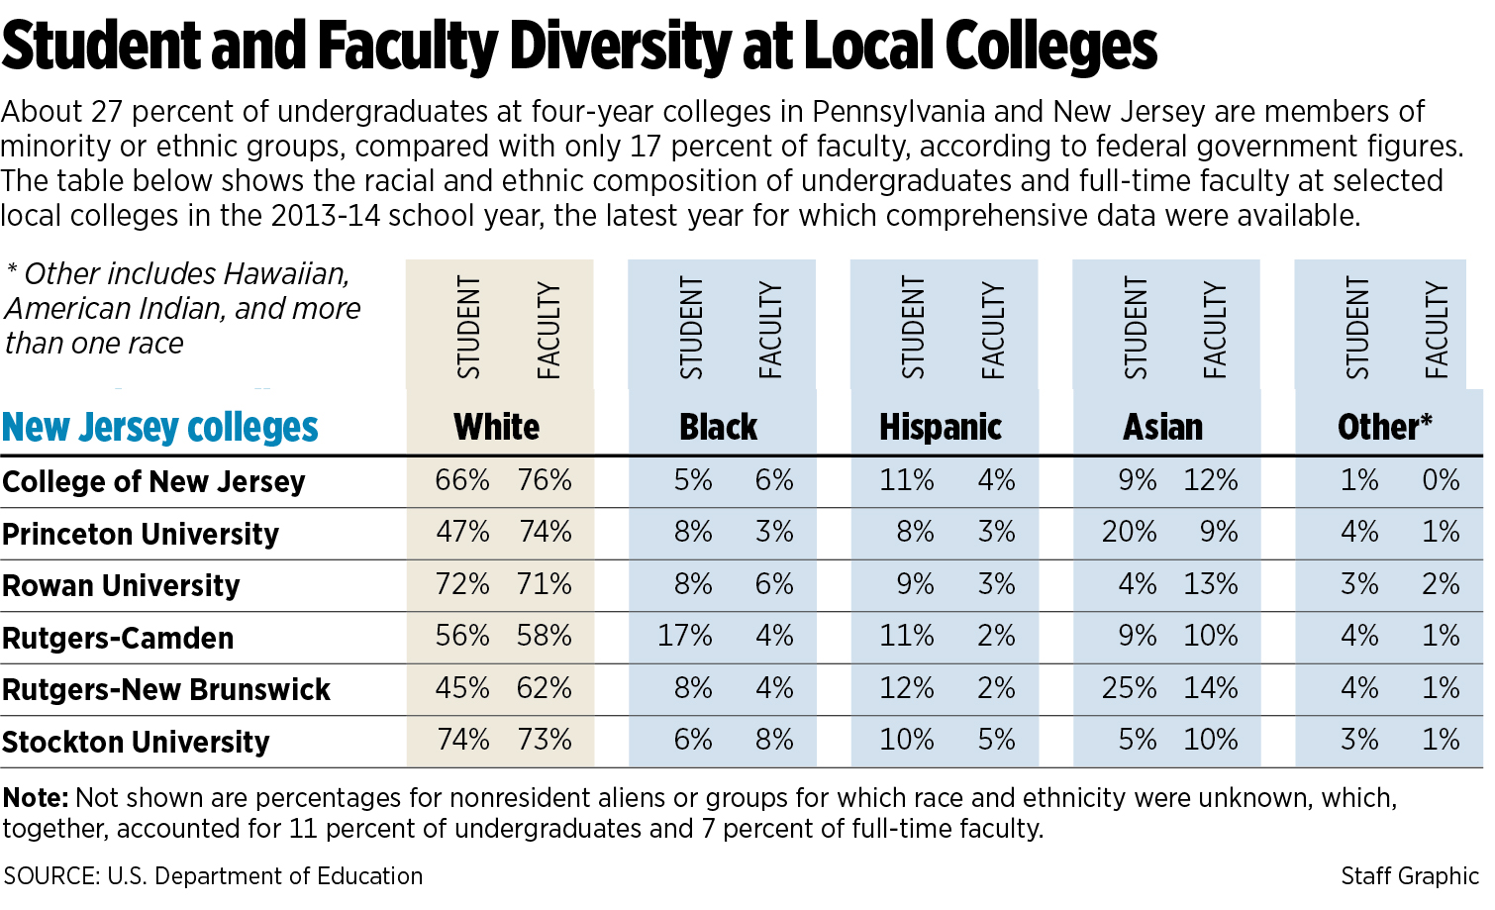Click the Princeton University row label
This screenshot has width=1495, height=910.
point(141,535)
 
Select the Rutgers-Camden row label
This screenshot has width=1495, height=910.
point(118,639)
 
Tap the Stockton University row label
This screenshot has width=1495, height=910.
point(136,743)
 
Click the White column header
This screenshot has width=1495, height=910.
point(497,428)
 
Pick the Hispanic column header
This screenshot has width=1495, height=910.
point(941,428)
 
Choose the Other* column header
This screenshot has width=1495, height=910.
point(1384,428)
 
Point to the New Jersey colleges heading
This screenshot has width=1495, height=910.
point(160,428)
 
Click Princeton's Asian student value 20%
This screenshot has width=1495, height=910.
point(1130,533)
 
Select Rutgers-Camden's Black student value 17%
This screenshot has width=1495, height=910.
point(685,636)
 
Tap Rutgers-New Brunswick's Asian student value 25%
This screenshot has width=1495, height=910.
point(1130,688)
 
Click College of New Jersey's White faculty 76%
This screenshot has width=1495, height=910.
point(545,481)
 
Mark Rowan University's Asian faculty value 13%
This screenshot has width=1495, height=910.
point(1211,584)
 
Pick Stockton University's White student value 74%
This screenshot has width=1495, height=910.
point(463,740)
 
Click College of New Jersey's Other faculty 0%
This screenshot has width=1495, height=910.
point(1441,481)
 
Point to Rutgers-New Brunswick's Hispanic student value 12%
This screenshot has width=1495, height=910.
point(907,688)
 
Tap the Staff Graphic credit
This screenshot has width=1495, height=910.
point(1410,876)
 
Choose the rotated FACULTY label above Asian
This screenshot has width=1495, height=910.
point(1215,331)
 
